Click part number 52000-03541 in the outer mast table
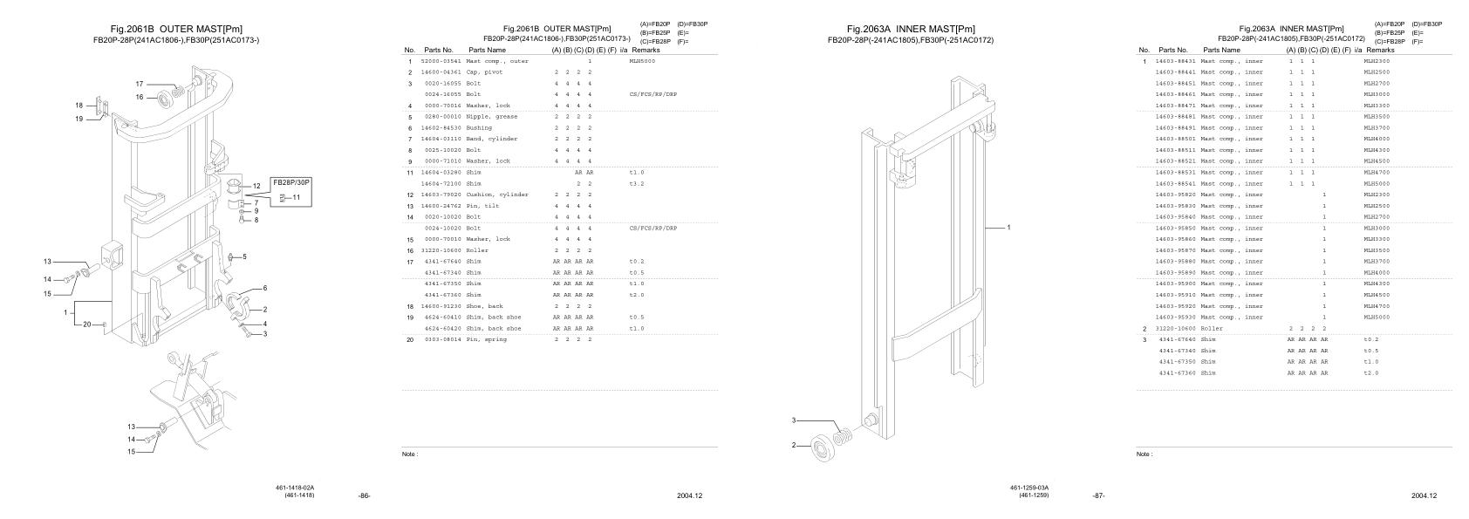(x=440, y=62)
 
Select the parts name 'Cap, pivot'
(x=484, y=72)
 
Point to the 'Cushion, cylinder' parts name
(x=496, y=195)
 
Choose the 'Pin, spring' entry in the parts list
(x=486, y=339)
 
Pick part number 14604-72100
(x=440, y=184)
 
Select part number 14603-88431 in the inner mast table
(x=1174, y=62)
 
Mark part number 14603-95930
(x=1174, y=318)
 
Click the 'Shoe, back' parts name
(x=484, y=306)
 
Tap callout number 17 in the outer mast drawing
(x=139, y=84)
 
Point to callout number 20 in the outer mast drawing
(x=86, y=324)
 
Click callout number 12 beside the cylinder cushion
(x=256, y=186)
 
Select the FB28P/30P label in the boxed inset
(x=291, y=182)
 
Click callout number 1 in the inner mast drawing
(x=1008, y=228)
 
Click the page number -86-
(x=365, y=496)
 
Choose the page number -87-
(x=1098, y=496)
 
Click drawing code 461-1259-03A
(x=1029, y=488)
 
